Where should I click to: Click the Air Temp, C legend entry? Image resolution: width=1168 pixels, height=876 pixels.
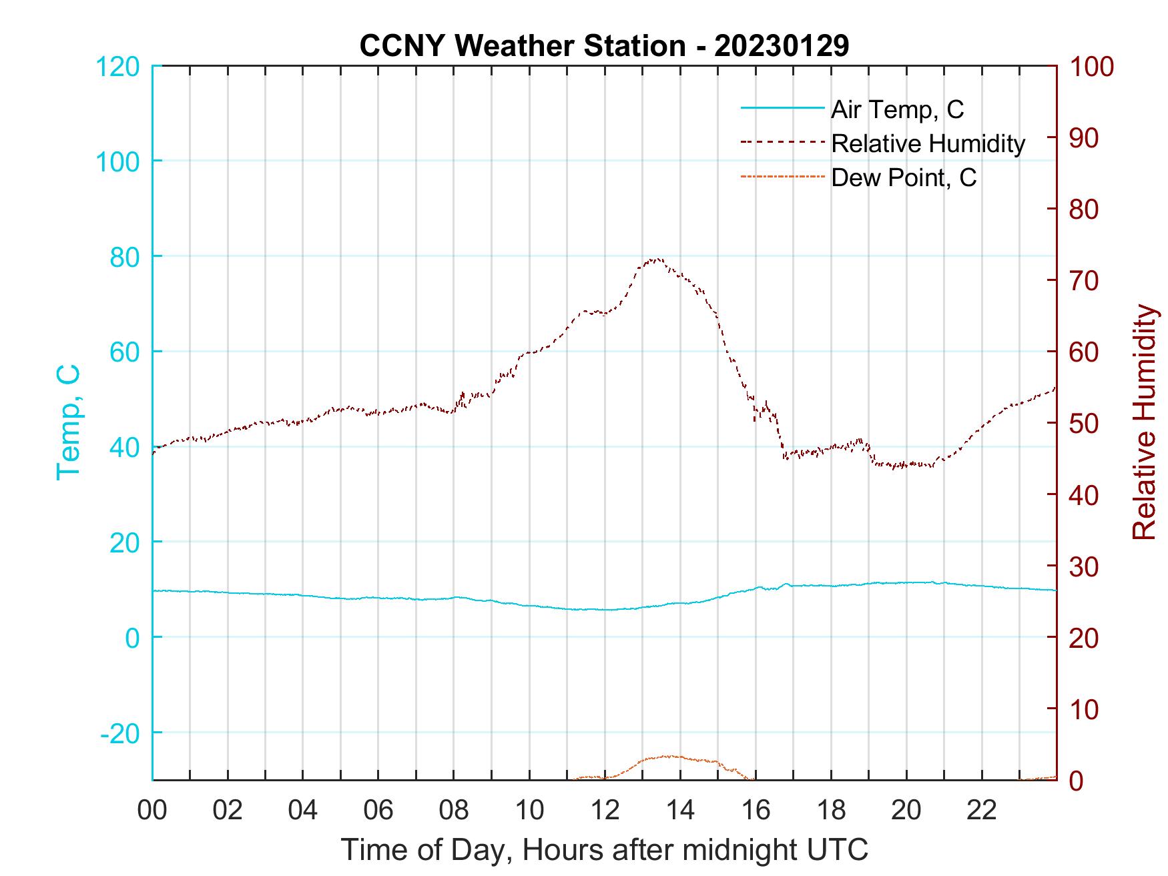tap(897, 109)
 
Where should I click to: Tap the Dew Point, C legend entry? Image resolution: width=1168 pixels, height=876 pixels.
tap(904, 177)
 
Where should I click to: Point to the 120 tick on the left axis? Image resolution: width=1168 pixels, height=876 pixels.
tap(119, 67)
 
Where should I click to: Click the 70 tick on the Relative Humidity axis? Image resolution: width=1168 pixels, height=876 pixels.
tap(1085, 281)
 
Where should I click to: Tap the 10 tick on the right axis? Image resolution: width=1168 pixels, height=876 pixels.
tap(1085, 709)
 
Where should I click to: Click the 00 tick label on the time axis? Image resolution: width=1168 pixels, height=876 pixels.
tap(152, 811)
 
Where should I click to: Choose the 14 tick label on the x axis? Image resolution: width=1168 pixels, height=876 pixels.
tap(680, 811)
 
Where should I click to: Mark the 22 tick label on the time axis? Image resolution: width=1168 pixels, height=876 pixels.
tap(982, 811)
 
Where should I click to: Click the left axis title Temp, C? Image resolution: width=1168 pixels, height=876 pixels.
tap(68, 422)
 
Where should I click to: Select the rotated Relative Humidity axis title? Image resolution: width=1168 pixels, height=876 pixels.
tap(1144, 422)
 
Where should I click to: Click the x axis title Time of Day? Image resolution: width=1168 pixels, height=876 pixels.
tap(604, 850)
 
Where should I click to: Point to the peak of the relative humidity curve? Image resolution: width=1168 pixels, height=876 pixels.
tap(657, 259)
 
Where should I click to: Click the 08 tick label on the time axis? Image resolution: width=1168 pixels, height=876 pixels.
tap(454, 811)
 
